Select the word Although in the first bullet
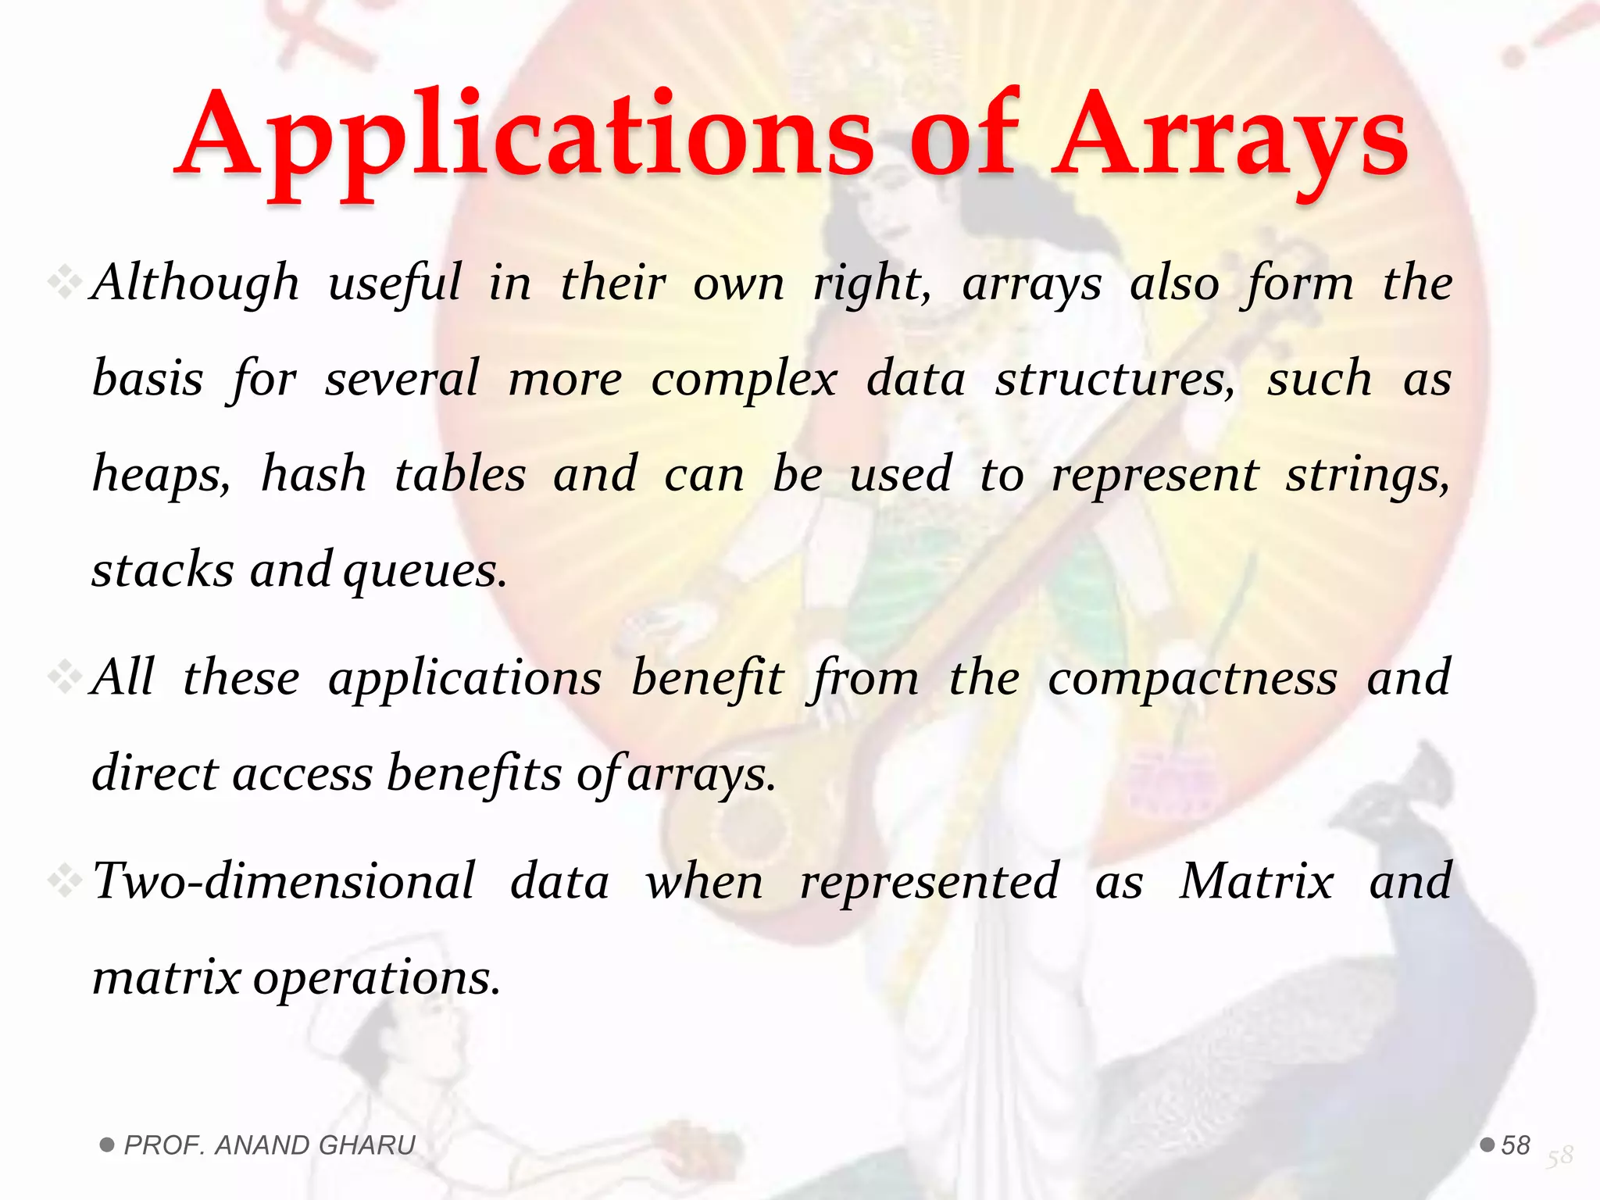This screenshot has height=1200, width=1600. [x=195, y=283]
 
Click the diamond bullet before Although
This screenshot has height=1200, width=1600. [x=64, y=282]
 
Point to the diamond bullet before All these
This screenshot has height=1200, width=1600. [x=64, y=677]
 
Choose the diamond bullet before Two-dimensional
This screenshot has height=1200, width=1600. [x=64, y=881]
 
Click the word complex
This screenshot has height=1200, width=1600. [x=744, y=380]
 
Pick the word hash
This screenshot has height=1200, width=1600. [x=313, y=475]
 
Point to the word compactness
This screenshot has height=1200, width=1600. [x=1192, y=677]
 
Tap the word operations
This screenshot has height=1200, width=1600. [x=376, y=977]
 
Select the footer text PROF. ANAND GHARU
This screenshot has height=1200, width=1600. [x=270, y=1145]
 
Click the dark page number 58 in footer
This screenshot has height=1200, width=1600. [x=1516, y=1145]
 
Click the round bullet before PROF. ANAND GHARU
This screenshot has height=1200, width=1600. [x=108, y=1145]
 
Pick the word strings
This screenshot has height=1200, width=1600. [x=1368, y=475]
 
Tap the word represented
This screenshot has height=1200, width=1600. [x=930, y=881]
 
